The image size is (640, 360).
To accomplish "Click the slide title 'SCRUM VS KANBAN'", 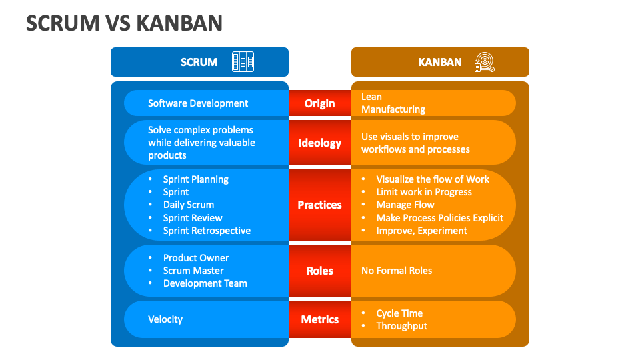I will coord(124,23).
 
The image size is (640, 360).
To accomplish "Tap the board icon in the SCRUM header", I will coord(243,62).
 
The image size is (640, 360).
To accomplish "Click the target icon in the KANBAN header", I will coord(484,62).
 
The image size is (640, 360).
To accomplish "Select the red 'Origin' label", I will coord(320,103).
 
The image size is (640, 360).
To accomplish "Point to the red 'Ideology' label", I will coord(320,143).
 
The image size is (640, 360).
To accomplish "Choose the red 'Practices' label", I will coord(320,205).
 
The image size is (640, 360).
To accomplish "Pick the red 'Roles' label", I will coord(320,271).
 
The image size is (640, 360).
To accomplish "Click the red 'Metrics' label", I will coord(320,319).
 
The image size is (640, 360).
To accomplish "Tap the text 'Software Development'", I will coord(198,103).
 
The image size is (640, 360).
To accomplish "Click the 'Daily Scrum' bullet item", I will coord(189,205).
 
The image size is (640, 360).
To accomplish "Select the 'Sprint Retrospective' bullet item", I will coord(207,231).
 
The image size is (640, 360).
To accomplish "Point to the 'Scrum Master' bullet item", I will coord(193,271).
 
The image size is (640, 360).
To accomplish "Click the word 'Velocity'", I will coord(165,319).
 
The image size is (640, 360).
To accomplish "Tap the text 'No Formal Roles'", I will coord(397,271).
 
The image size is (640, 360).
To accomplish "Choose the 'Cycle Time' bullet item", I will coord(399,313).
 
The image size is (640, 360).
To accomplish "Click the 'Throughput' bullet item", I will coord(401,326).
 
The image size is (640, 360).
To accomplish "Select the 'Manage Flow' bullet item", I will coord(405,205).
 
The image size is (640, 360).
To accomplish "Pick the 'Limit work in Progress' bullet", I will coord(424,192).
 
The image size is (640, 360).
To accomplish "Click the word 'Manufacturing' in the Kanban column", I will coord(393,109).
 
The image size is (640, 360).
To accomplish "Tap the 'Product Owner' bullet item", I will coord(196,258).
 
